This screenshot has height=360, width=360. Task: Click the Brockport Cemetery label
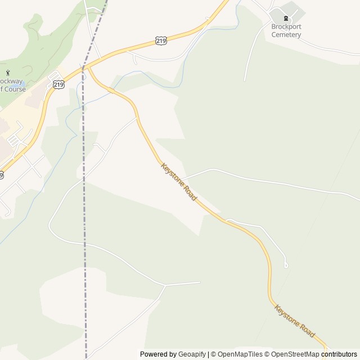286,30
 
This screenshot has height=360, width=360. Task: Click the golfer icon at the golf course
8,73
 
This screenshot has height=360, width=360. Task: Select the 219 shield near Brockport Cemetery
161,40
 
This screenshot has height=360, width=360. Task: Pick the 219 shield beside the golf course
58,84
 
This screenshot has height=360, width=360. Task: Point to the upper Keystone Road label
179,182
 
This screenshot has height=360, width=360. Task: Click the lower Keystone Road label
294,321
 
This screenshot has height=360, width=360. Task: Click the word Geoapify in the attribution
192,354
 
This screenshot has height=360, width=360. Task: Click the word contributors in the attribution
339,354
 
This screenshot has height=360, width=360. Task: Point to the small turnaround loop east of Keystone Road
286,265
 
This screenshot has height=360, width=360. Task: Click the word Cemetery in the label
286,34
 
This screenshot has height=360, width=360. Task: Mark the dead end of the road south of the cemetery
245,80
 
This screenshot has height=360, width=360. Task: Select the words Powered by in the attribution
158,354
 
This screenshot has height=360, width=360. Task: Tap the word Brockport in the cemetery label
287,26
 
